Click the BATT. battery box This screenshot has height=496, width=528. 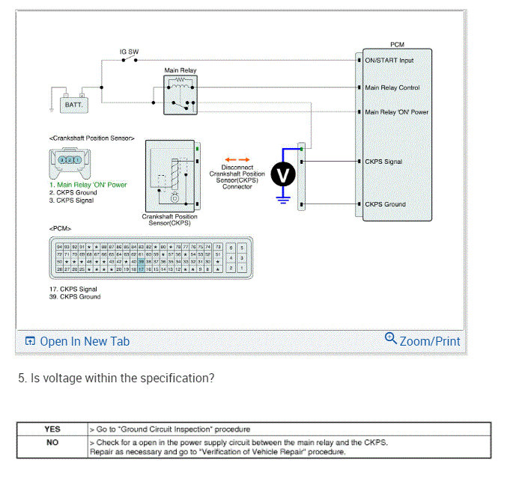(x=73, y=104)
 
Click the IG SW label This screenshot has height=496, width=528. (x=129, y=52)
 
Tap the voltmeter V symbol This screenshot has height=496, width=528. (x=282, y=174)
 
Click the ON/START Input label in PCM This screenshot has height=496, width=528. (x=389, y=61)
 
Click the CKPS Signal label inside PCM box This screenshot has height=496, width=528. (x=383, y=162)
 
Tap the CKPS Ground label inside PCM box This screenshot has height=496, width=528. (x=385, y=204)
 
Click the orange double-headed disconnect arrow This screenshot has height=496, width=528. (x=237, y=159)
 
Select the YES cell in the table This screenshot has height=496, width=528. (x=52, y=429)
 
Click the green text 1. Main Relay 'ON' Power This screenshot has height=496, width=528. (x=88, y=185)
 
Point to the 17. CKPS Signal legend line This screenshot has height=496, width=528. (x=73, y=289)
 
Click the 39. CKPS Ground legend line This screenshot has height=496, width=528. (x=75, y=296)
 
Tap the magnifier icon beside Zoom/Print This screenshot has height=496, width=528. (x=390, y=339)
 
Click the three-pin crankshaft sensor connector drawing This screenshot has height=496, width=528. (x=69, y=160)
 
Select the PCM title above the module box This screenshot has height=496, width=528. (x=398, y=46)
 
